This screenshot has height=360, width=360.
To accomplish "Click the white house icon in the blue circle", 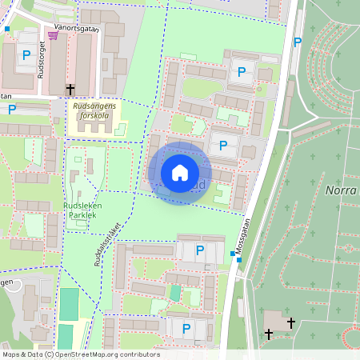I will coord(180,172).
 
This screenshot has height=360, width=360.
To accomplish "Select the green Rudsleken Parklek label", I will coord(82,210).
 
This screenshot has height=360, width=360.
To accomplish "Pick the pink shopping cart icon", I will coord(53,35).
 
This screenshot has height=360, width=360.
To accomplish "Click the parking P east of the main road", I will coord(298,42).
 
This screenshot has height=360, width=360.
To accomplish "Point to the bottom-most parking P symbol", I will coord(186,328).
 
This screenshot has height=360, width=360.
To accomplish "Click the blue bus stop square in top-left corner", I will coord(7,29).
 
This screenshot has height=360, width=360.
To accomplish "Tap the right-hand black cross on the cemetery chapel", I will coord(290,322).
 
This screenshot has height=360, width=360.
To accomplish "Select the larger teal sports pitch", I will coord(70,304).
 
